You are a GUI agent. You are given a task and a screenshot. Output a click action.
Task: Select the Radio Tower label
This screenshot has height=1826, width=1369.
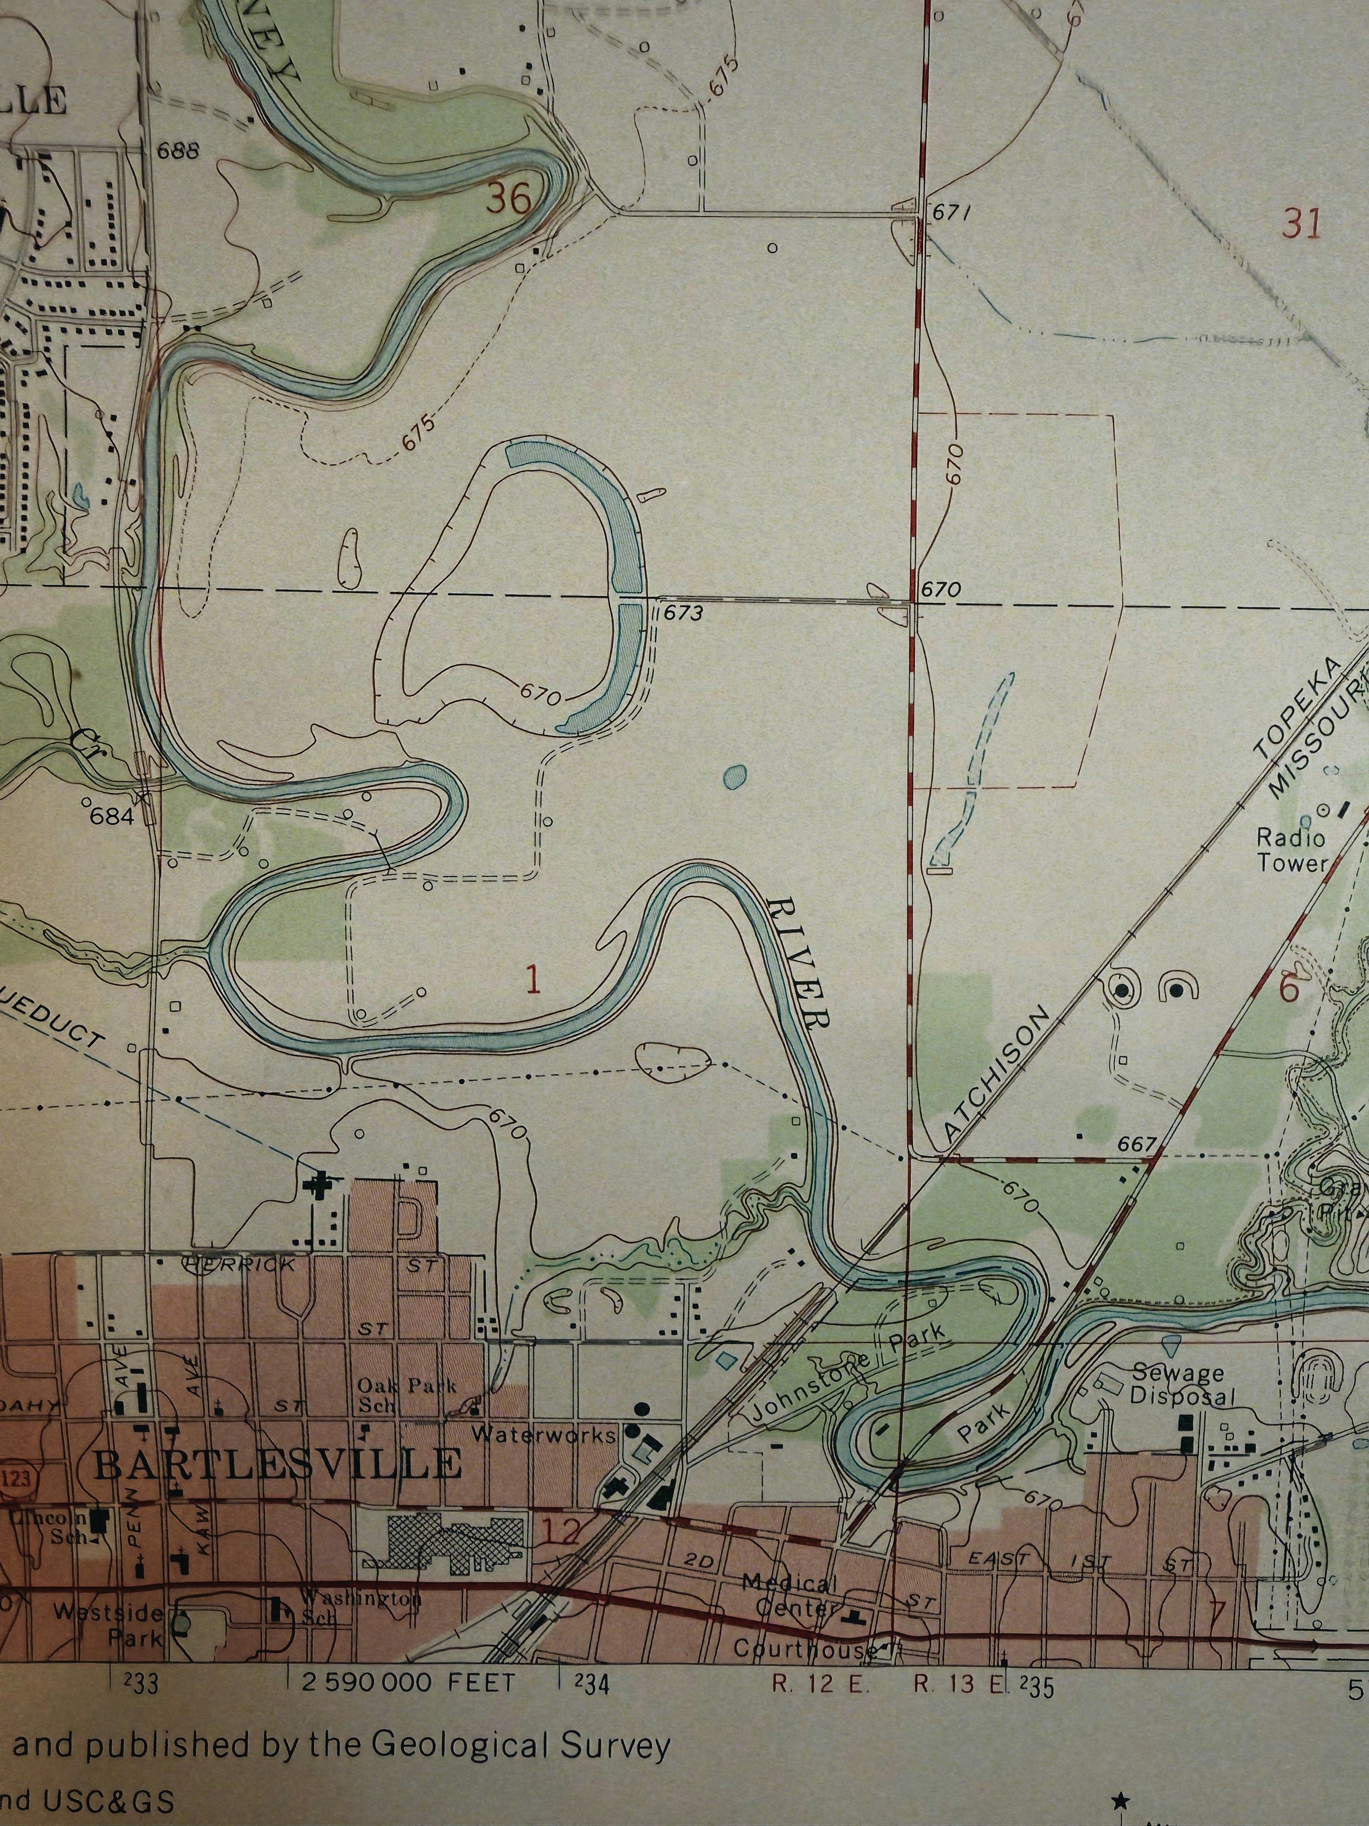coord(1292,850)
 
